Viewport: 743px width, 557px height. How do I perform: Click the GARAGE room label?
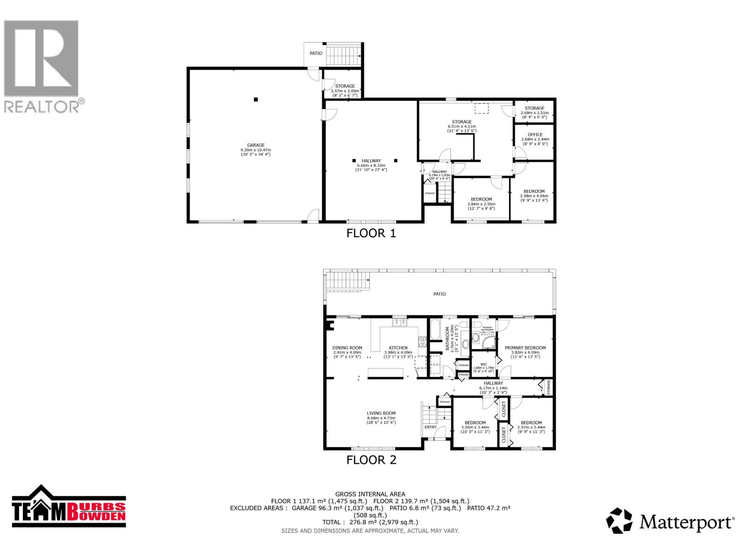(255, 145)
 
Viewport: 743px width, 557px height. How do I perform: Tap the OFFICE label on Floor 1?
(535, 135)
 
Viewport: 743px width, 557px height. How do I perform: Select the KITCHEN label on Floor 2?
(398, 348)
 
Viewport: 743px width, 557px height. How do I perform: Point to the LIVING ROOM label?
(381, 413)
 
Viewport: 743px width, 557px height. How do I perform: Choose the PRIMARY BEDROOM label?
(525, 348)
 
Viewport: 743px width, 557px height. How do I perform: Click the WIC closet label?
(483, 364)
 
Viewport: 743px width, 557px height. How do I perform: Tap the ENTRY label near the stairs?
(430, 427)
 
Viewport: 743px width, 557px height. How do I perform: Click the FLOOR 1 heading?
(371, 233)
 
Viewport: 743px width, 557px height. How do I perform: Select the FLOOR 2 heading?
(371, 460)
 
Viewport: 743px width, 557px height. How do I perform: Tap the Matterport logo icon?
(619, 521)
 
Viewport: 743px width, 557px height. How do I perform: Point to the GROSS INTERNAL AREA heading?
(370, 494)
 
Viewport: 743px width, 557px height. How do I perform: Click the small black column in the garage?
(255, 99)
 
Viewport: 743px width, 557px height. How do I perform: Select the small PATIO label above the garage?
(316, 53)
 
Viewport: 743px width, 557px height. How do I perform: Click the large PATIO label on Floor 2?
(439, 294)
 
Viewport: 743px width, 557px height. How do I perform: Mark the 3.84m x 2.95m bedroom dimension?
(481, 204)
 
